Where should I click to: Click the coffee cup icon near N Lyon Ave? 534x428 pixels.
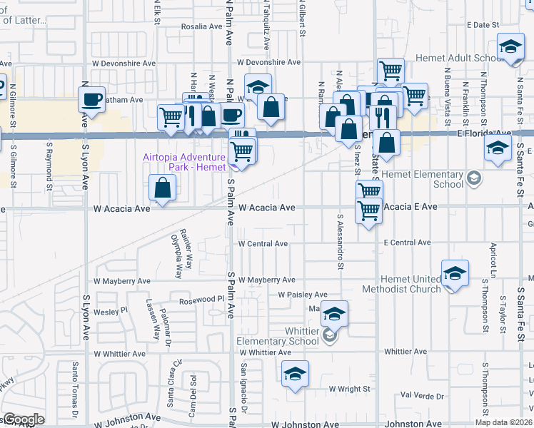click(93, 101)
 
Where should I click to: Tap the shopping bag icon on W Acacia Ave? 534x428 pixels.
click(163, 189)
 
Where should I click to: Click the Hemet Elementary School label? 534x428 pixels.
click(423, 179)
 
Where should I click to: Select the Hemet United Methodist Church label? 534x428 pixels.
click(401, 284)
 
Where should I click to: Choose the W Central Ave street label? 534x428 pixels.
click(263, 243)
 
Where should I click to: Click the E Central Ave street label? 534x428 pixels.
click(407, 243)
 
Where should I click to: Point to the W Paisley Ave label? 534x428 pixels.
click(303, 294)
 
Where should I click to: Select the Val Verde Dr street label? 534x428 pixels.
click(422, 395)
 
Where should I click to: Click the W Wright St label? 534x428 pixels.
click(350, 389)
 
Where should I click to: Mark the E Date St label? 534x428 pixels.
click(483, 24)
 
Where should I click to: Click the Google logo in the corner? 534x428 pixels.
click(24, 419)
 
